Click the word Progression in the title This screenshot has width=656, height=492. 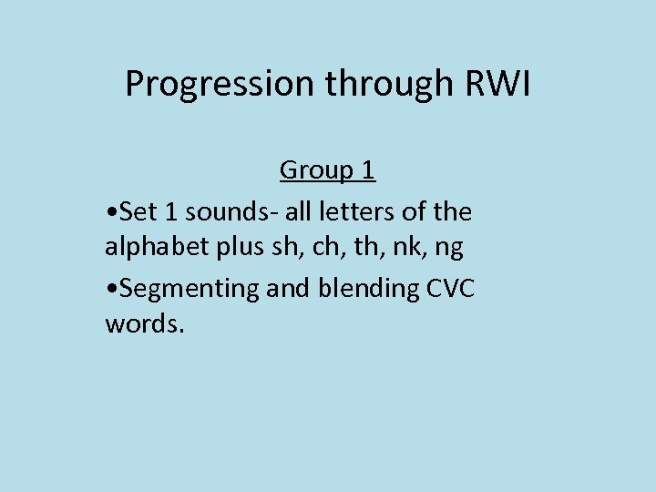coord(220,85)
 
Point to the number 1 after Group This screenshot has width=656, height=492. coord(368,170)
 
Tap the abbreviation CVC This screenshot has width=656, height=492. coord(451,288)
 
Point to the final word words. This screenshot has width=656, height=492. coord(144,324)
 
